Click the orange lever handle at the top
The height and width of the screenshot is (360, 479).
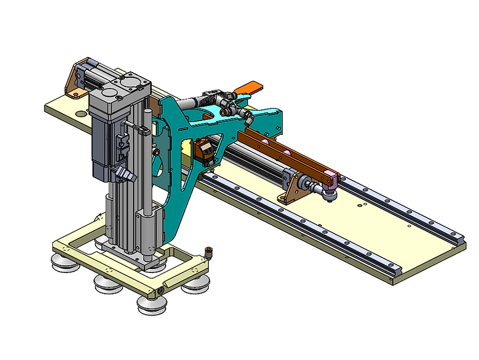tap(249, 87)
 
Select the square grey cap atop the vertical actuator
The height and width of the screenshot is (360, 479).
tap(128, 85)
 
